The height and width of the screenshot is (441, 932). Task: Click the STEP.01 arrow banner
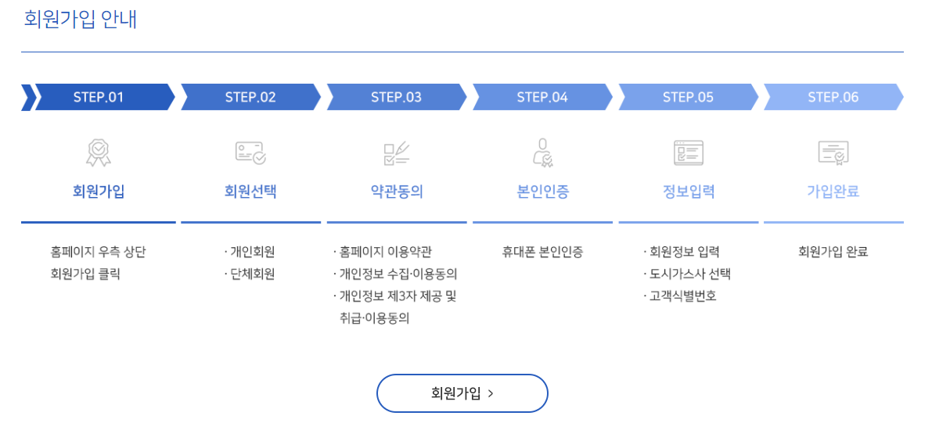pos(99,97)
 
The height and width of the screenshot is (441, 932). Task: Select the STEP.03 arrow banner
pos(396,97)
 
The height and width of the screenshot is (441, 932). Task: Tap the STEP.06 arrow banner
pos(833,97)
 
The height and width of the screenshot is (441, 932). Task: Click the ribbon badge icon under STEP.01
pos(99,152)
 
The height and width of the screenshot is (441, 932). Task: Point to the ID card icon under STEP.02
pos(250,152)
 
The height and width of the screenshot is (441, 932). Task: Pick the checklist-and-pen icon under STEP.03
pos(397,152)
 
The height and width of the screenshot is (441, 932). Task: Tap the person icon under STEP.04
pos(542,152)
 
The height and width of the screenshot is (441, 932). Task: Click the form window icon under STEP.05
pos(689,152)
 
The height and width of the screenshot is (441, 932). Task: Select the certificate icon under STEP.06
pos(833,152)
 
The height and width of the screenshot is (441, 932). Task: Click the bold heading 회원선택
pos(250,192)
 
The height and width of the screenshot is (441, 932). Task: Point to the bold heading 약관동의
pos(397,192)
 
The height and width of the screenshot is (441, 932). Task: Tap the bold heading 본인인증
pos(542,192)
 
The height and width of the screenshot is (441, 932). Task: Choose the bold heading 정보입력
pos(689,192)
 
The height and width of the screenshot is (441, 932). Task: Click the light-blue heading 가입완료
pos(833,192)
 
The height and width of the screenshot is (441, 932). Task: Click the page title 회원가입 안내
pos(81,19)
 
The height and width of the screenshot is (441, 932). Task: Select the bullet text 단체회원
pos(252,274)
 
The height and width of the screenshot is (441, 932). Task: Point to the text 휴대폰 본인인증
pos(542,252)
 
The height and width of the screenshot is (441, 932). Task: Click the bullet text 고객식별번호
pos(682,296)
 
